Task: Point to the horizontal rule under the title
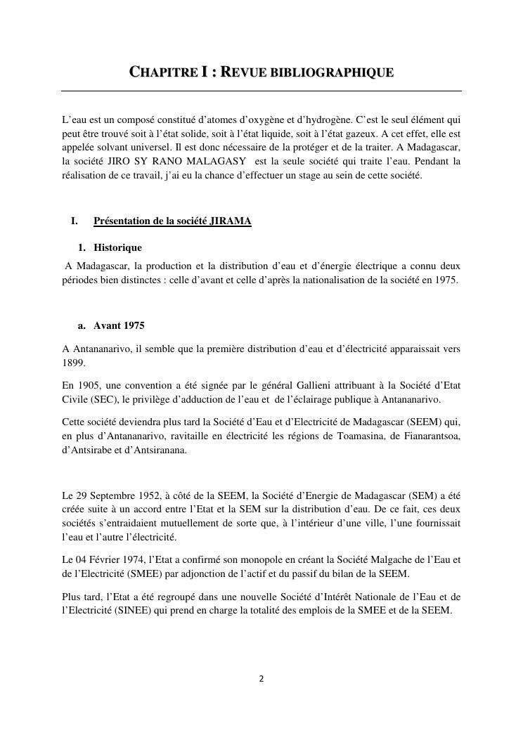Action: (261, 91)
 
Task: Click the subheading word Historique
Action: (117, 247)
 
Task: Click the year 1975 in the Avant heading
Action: (134, 325)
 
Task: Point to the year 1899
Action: (73, 363)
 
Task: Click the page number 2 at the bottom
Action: (261, 679)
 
